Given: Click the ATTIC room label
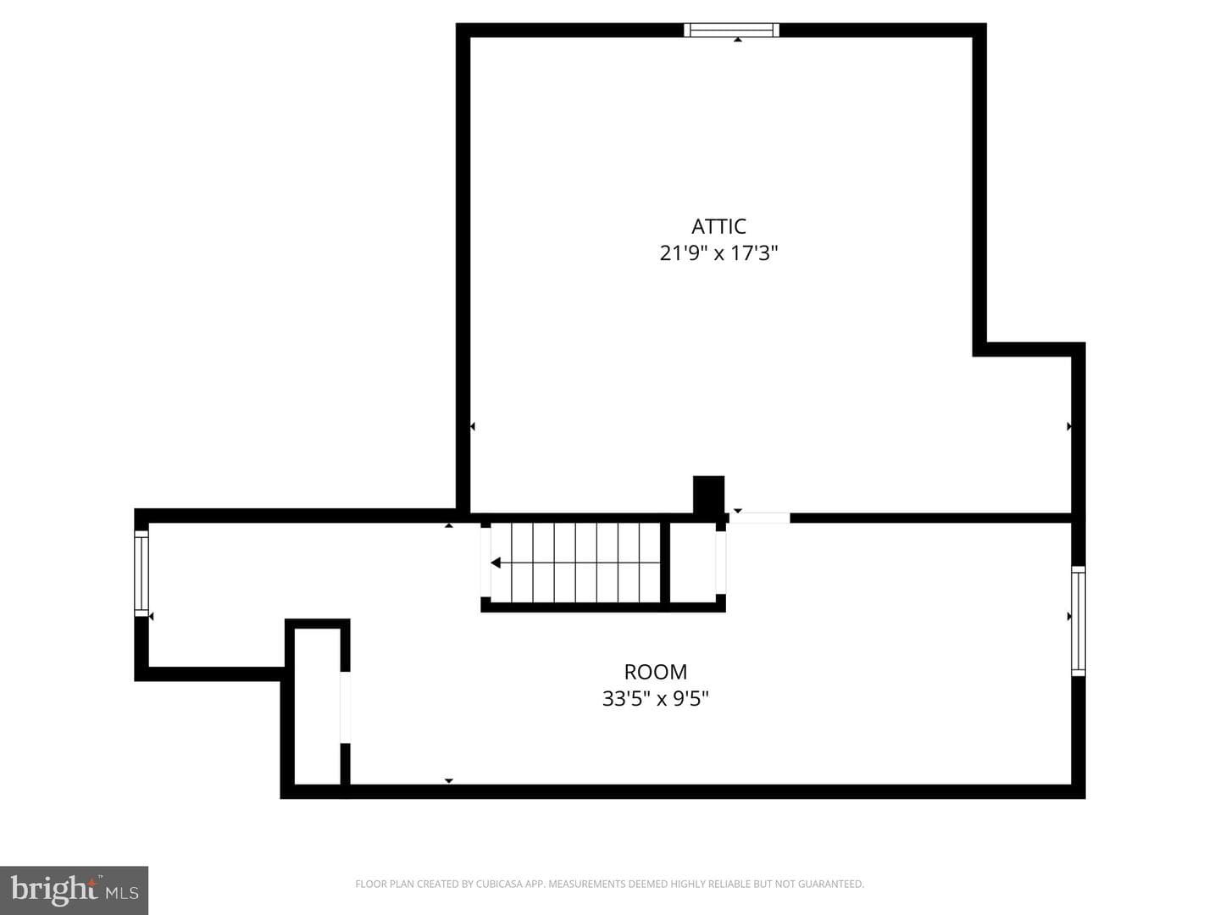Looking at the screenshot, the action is [718, 226].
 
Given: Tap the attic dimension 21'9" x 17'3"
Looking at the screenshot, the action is [718, 253].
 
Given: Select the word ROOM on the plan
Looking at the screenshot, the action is [655, 672].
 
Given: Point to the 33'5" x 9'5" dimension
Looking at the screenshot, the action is [655, 699].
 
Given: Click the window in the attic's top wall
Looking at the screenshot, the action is [731, 30].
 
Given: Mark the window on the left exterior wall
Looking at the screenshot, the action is [141, 574].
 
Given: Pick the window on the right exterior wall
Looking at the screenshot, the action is [1078, 621].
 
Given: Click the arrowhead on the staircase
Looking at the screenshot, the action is [496, 563].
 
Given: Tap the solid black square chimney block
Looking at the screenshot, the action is [708, 495].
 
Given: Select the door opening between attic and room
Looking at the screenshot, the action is [759, 518].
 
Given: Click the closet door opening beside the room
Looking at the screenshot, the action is [345, 707].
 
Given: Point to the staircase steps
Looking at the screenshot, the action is [574, 563].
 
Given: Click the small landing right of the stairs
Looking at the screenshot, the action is [692, 563].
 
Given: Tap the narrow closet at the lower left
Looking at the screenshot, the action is [317, 706].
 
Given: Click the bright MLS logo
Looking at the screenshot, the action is [74, 890].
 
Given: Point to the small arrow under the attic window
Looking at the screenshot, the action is [738, 40].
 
